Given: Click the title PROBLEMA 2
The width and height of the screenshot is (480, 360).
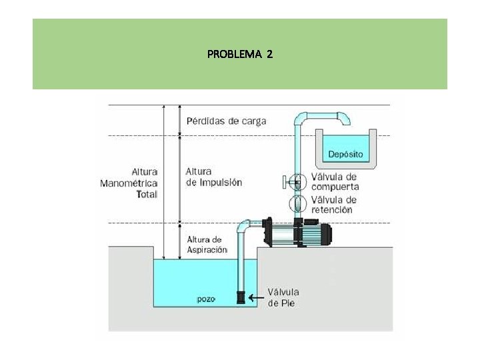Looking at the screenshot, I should coord(239,54).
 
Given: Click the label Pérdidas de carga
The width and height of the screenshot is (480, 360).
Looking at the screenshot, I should coord(226,121).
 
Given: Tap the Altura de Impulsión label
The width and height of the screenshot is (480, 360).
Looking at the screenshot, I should coord(213,177).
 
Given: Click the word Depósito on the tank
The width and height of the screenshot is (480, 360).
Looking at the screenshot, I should coord(345,154).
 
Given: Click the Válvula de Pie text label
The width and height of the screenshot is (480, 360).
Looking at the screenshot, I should coord(283,297).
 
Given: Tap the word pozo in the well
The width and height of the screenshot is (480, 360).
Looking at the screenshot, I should coord(206,299).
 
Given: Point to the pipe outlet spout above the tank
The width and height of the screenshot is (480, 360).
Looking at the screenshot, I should coord(345,120).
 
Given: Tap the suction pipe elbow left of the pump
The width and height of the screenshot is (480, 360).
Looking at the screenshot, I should coord(244,226).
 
